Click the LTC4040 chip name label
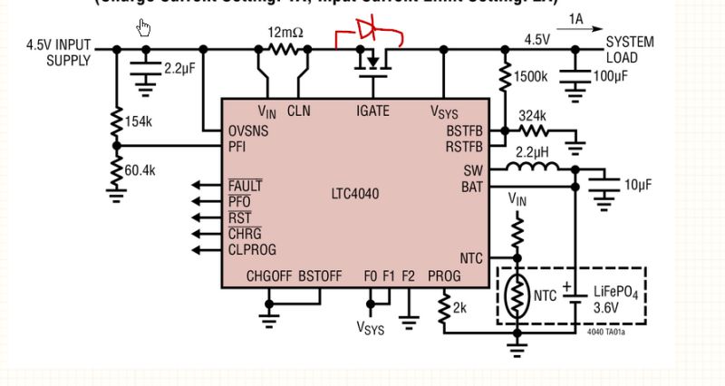[x=357, y=193]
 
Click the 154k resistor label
[x=139, y=121]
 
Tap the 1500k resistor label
[x=531, y=78]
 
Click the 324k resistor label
[x=532, y=115]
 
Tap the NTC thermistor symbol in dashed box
[x=517, y=295]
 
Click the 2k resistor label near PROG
[x=459, y=308]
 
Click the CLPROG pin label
[x=252, y=249]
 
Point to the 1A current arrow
[x=576, y=27]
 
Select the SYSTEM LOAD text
[x=629, y=50]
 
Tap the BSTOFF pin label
[x=320, y=275]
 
